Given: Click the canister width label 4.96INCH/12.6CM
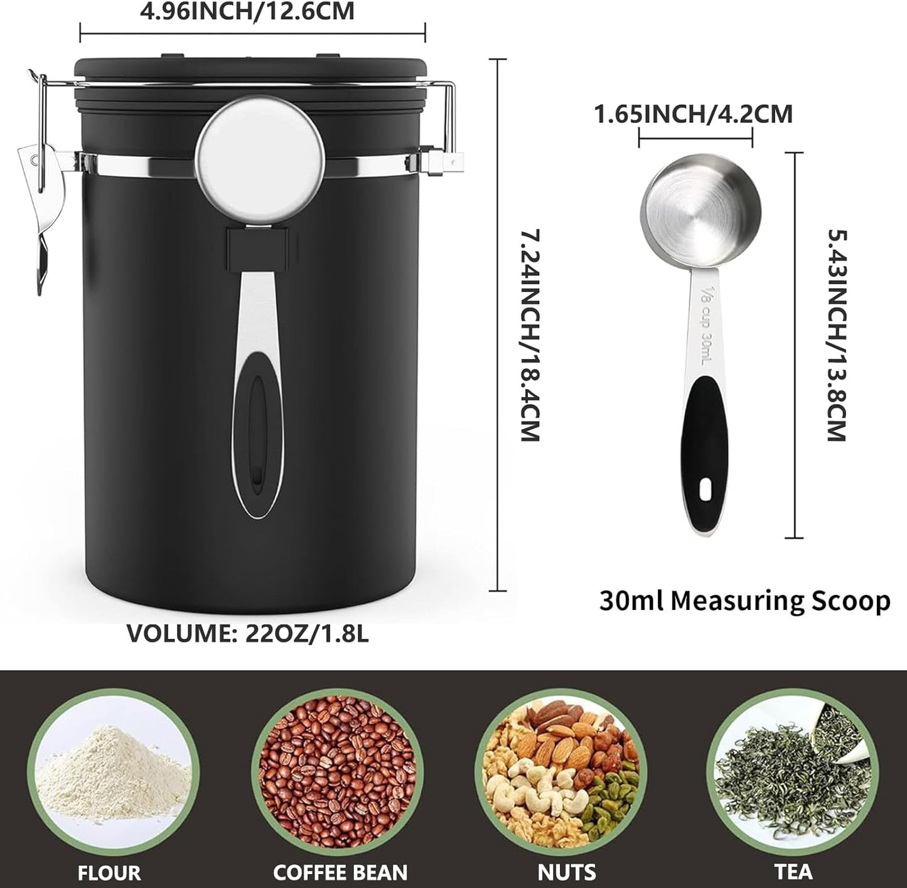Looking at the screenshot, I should [247, 11].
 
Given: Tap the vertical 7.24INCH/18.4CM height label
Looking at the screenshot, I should [530, 335].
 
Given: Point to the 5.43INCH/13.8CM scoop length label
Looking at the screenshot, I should [837, 335].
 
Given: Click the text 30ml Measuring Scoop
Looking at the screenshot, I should [744, 601].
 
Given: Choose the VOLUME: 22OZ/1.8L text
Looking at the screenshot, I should [248, 633].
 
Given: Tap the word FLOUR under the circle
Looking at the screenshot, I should [109, 872].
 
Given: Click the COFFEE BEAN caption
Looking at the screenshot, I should [340, 872].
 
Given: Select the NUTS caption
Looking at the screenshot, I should [566, 872].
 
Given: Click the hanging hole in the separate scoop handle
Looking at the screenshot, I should [706, 489].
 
